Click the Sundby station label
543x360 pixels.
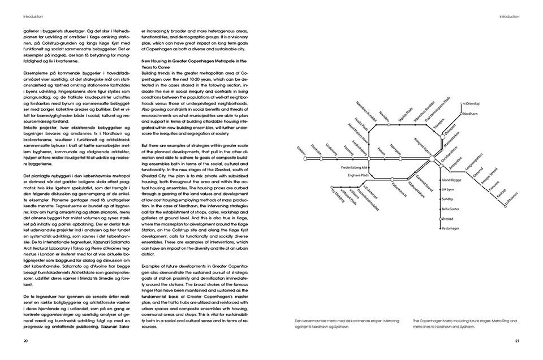click(x=447, y=199)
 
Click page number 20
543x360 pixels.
click(x=26, y=340)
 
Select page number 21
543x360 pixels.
click(x=518, y=340)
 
